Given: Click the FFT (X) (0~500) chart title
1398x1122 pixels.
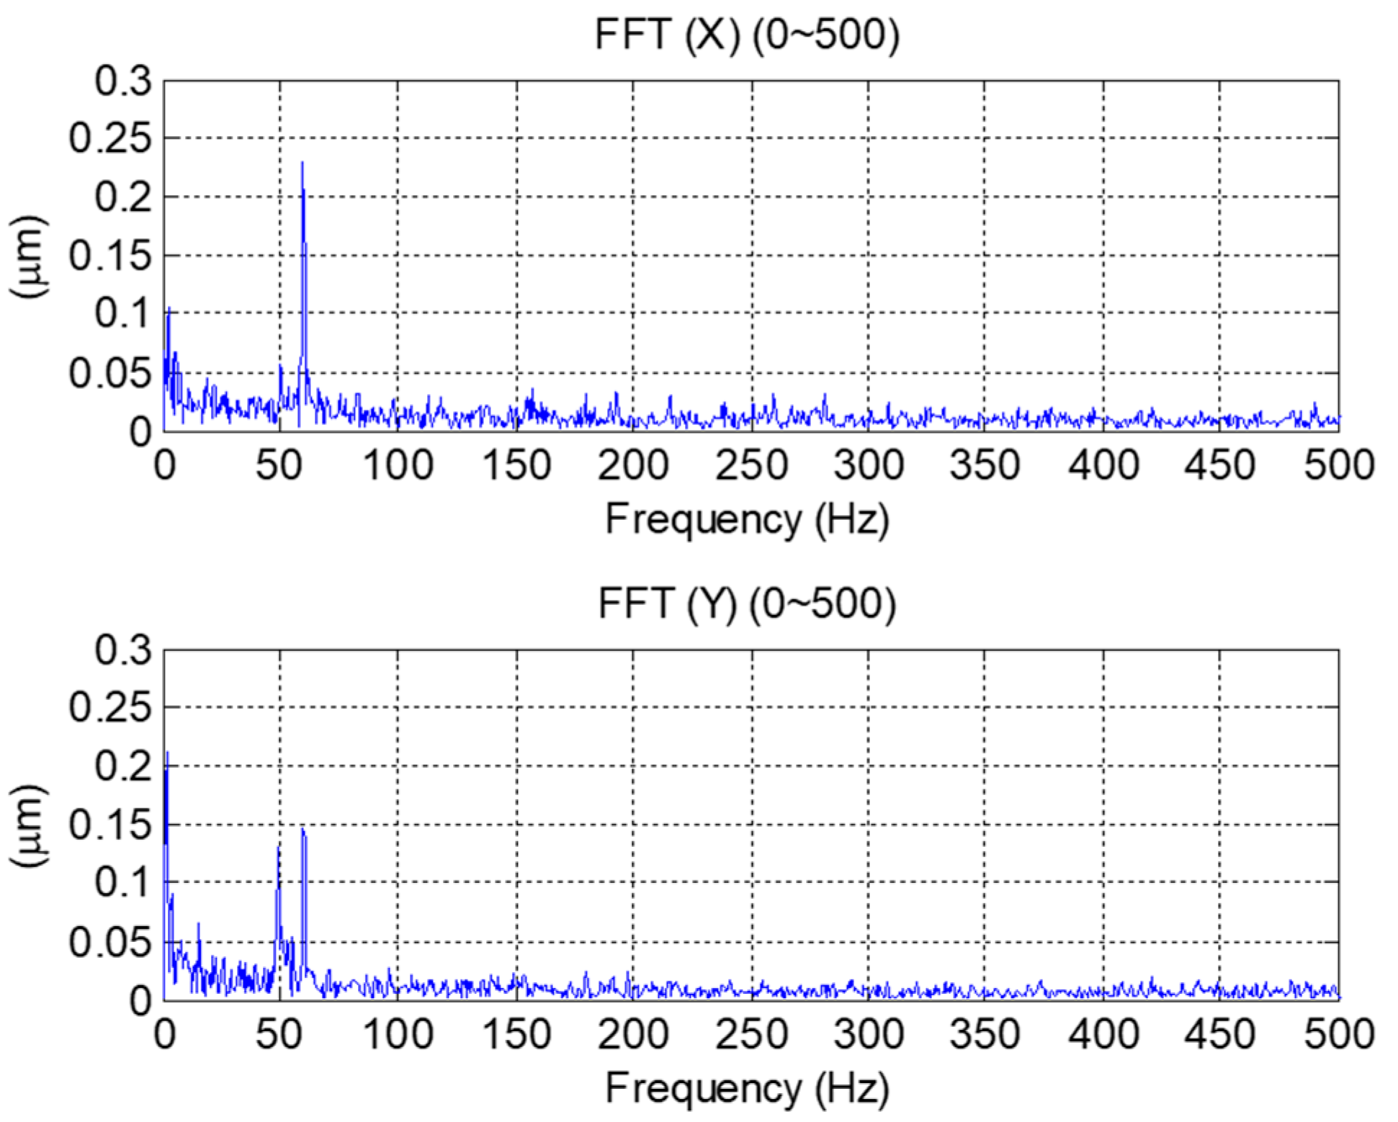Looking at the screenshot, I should (x=747, y=34).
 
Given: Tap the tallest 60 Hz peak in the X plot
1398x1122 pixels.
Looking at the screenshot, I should (x=302, y=163).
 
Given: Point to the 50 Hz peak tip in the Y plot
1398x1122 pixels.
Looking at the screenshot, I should (x=278, y=847).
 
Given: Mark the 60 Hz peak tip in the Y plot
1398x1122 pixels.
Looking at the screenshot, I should (x=303, y=830).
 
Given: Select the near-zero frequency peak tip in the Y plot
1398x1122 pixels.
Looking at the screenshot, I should (x=167, y=753).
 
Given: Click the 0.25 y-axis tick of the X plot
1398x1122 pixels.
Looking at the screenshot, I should (x=110, y=138).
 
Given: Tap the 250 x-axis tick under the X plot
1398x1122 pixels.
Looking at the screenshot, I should (x=750, y=465).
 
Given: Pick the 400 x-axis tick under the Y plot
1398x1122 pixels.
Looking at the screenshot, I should (x=1103, y=1034).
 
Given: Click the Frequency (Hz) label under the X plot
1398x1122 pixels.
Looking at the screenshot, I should (x=747, y=519).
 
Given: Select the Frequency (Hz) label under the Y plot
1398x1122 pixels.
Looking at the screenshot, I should (x=747, y=1087).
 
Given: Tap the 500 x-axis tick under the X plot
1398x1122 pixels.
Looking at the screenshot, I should (x=1338, y=465).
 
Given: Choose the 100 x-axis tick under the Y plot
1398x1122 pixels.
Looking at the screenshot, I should (x=398, y=1034).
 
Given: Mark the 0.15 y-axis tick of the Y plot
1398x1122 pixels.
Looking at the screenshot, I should (x=110, y=825).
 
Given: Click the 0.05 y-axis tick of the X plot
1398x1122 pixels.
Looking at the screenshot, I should (x=110, y=373).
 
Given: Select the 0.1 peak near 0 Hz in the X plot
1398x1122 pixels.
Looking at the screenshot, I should (x=169, y=309).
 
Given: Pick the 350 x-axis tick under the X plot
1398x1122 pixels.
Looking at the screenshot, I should (x=985, y=465).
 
